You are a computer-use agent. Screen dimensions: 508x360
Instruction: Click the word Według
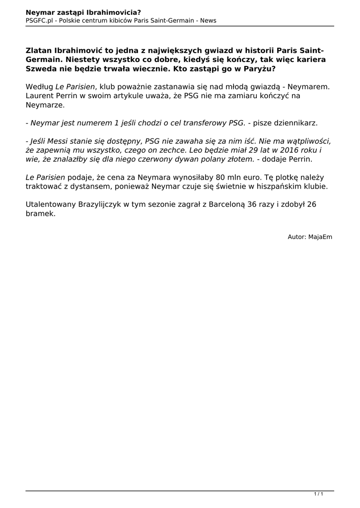(38, 87)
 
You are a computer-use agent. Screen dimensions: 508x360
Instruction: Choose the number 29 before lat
(239, 150)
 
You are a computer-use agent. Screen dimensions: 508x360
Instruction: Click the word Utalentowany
(50, 204)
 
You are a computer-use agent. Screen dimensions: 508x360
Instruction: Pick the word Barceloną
(227, 204)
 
